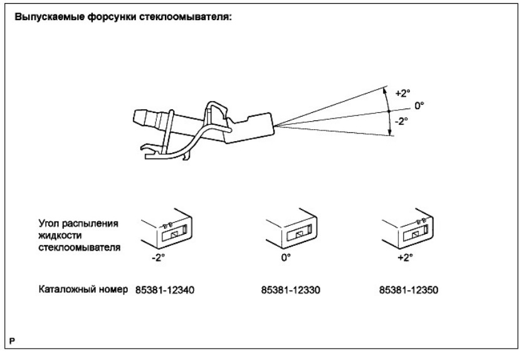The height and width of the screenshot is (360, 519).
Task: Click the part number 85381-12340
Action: point(165,290)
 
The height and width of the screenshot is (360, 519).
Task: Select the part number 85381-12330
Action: point(291,290)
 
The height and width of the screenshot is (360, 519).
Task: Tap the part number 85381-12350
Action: point(409,290)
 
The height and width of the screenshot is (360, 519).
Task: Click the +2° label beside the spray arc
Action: point(403,93)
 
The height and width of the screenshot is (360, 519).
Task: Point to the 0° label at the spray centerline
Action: point(419,106)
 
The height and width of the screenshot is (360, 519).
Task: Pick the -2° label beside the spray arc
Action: point(401,121)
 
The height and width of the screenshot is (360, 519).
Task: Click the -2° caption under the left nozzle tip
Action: point(158,258)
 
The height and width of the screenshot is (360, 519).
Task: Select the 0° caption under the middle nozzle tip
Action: point(286,258)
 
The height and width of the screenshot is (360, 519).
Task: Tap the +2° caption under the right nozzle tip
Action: point(406,258)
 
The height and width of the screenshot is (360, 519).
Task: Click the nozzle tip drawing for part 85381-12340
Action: point(167,228)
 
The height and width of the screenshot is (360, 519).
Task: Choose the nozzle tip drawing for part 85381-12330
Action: point(291,228)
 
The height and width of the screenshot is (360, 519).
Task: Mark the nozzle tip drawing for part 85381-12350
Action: point(407,228)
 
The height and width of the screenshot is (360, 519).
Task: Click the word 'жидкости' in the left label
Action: point(60,235)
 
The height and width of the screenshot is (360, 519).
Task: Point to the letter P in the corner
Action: point(13,341)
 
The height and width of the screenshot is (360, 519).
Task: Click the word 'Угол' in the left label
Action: point(49,223)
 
